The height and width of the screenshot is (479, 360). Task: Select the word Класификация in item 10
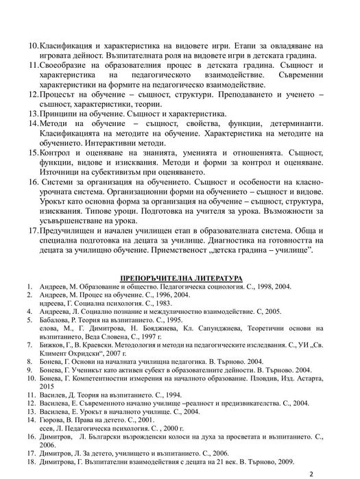[68, 45]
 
